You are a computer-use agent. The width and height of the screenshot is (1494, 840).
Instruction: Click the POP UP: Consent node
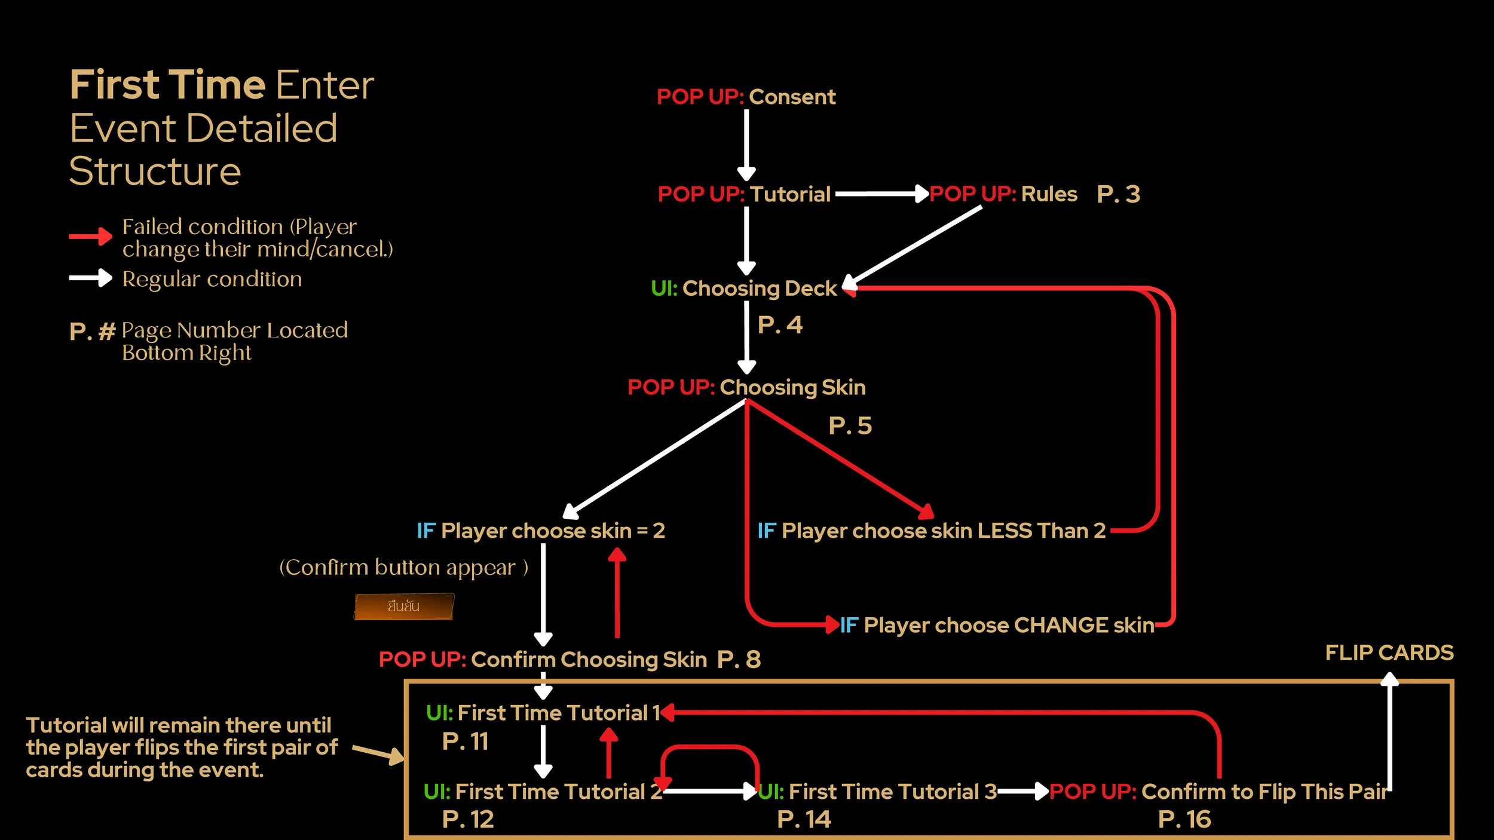coord(746,97)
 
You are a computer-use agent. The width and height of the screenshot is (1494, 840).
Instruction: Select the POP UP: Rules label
coord(1003,194)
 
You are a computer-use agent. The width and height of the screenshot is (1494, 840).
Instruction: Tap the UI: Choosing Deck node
coord(744,289)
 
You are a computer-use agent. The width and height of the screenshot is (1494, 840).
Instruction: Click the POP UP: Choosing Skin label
coord(746,388)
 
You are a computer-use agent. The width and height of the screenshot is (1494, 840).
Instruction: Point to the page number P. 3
coord(1118,194)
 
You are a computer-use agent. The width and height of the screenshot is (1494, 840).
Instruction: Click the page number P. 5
coord(850,426)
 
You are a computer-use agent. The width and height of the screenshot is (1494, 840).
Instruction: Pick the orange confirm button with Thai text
coord(403,606)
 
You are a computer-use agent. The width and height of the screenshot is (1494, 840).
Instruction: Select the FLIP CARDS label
coord(1389,652)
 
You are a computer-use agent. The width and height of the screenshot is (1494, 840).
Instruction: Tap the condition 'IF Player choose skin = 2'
coord(540,531)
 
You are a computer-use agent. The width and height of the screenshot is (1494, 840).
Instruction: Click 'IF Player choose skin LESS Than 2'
coord(931,531)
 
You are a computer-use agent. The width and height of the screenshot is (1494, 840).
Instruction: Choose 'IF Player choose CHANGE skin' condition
coord(997,625)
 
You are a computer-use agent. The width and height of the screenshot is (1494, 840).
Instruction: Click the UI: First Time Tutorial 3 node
coord(877,792)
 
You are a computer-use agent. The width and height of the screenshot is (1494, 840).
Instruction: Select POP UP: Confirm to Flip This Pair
coord(1218,792)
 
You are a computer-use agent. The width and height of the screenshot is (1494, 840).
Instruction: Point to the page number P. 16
coord(1184,820)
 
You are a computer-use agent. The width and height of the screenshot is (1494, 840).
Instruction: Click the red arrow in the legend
coord(90,237)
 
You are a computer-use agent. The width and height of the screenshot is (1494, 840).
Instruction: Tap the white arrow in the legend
coord(90,278)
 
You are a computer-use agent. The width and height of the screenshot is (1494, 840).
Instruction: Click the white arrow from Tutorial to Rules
coord(881,194)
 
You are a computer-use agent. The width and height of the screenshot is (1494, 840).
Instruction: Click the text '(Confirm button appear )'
coord(403,568)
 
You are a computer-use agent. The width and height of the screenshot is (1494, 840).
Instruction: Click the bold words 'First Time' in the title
coord(167,85)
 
